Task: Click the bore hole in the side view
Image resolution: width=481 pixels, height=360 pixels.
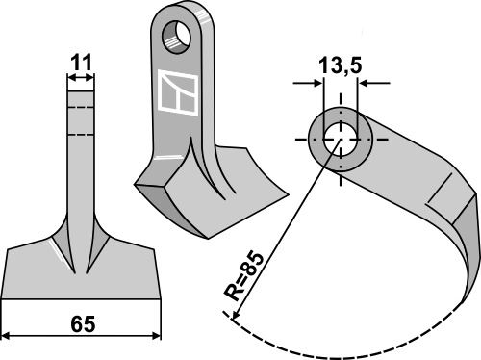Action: pos(340,137)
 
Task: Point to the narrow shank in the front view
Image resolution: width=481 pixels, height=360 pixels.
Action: pos(81,154)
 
